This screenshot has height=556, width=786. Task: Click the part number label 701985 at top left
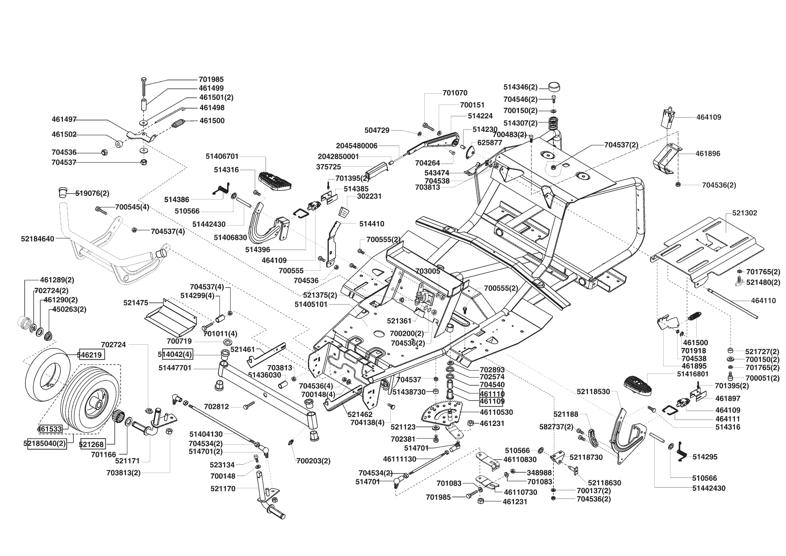(x=211, y=79)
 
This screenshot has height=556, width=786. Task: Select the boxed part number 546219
(x=92, y=355)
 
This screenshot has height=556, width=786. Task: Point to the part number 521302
(x=745, y=213)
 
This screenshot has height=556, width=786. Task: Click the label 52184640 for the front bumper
(x=37, y=239)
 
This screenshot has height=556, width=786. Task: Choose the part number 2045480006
(x=357, y=146)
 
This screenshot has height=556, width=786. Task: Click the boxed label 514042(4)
(x=175, y=354)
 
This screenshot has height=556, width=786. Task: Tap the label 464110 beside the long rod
(x=764, y=301)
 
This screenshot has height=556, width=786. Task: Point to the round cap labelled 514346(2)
(x=555, y=87)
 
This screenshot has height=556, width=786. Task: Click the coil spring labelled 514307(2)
(x=556, y=122)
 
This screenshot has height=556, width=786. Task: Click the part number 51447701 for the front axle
(x=175, y=368)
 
